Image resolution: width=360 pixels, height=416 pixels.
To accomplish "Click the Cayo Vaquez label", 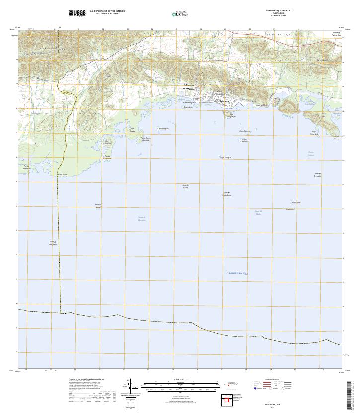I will click(x=163, y=128).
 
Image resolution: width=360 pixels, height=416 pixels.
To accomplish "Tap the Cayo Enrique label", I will click(x=225, y=158).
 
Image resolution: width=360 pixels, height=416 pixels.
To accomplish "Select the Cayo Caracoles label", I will click(x=244, y=140).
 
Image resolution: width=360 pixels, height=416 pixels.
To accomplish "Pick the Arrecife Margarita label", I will click(x=54, y=243).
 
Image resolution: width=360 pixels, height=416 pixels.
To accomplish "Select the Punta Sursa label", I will click(x=62, y=175).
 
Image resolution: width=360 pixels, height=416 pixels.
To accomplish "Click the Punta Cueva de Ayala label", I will click(x=145, y=139).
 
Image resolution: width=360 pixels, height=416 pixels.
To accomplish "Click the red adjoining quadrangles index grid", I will click(x=227, y=399).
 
